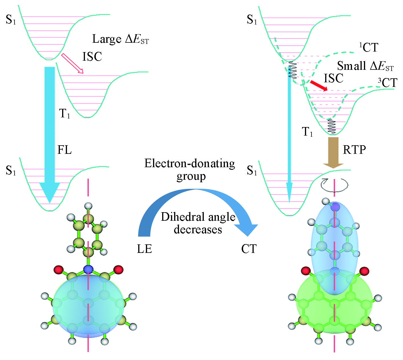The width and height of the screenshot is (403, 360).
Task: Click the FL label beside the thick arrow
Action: (x=64, y=150)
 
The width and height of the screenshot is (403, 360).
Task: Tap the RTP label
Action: (x=354, y=150)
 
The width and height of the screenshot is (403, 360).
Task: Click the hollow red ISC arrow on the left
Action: (x=72, y=63)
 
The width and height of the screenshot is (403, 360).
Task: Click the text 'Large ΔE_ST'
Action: (x=120, y=39)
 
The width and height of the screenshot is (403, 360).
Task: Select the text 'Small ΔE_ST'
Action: (x=365, y=66)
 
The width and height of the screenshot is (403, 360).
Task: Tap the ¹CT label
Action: (x=369, y=48)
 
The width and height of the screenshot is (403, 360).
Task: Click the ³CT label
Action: (x=388, y=83)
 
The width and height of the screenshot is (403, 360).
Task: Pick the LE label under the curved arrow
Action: (x=144, y=249)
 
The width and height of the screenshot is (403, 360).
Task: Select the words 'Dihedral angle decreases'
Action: (x=198, y=223)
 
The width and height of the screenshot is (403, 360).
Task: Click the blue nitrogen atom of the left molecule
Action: (x=89, y=269)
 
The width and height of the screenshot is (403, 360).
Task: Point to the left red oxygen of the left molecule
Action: (x=59, y=269)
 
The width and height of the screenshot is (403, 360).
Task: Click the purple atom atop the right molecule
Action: (x=336, y=207)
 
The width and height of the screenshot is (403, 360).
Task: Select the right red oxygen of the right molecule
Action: (x=364, y=271)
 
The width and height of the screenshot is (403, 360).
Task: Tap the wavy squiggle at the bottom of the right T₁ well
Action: (x=331, y=126)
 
